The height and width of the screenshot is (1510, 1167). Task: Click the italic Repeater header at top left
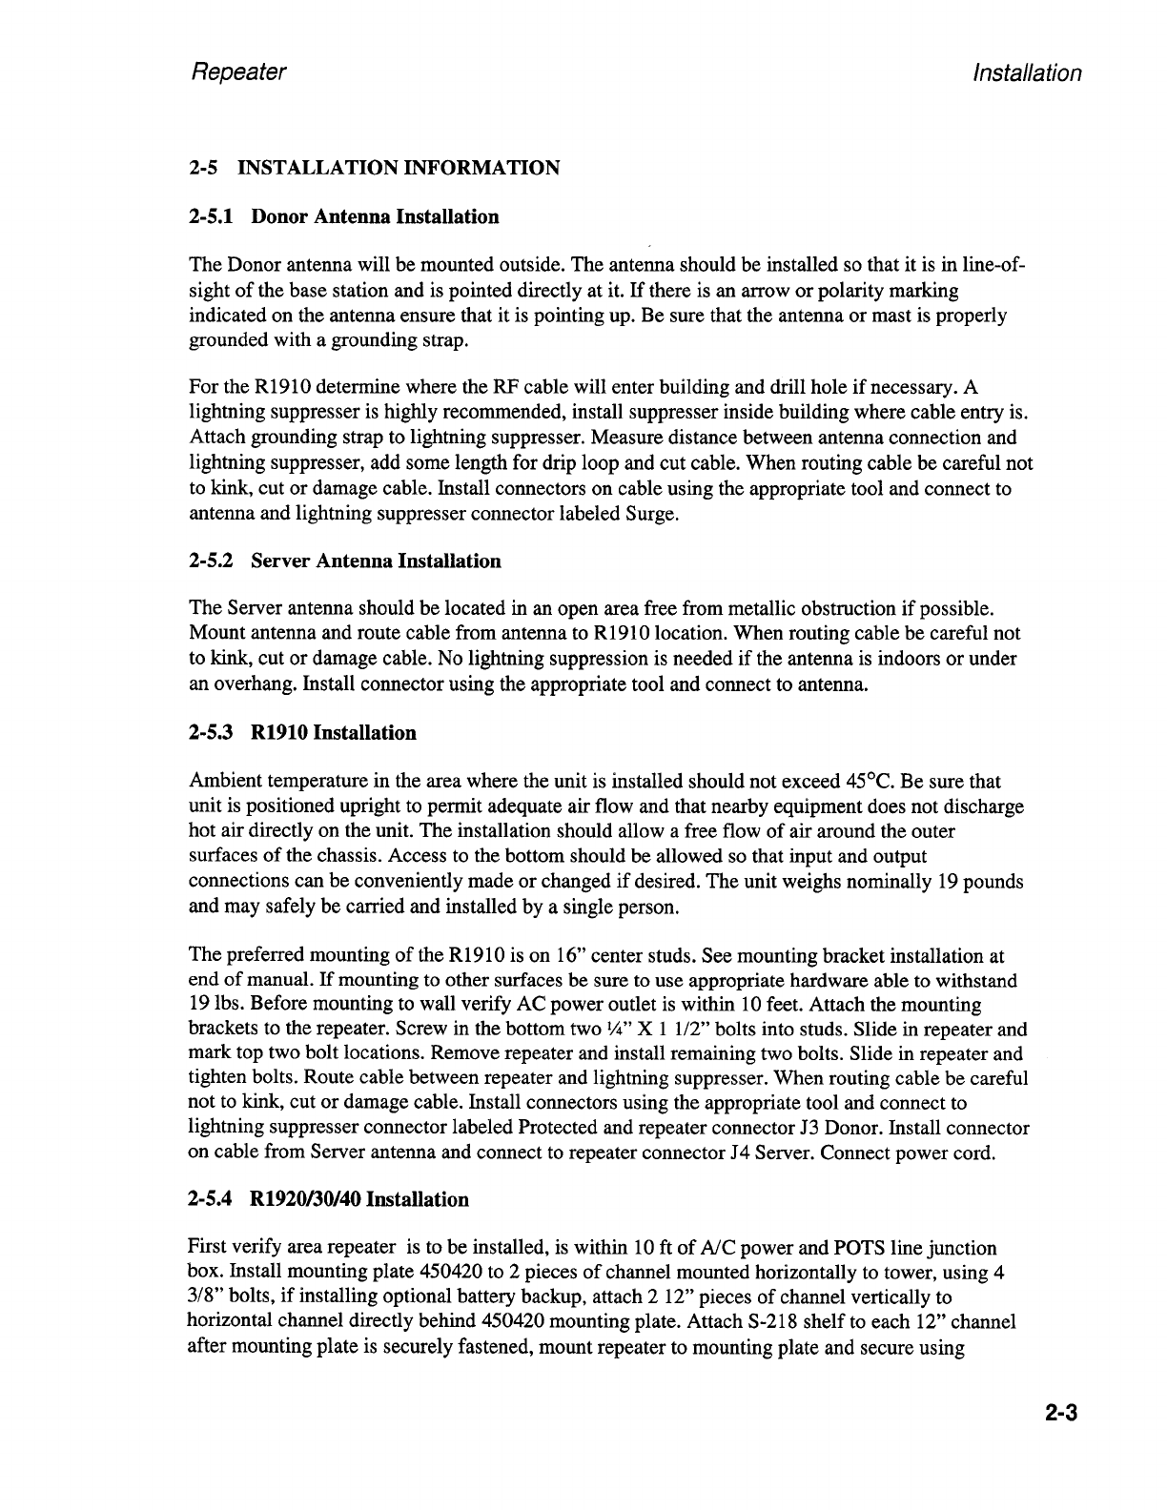pyautogui.click(x=238, y=72)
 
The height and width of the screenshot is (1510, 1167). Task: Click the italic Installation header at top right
pyautogui.click(x=1025, y=73)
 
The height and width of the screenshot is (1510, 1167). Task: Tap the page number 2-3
pyautogui.click(x=1057, y=1413)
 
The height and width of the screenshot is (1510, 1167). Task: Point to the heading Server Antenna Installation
pyautogui.click(x=376, y=561)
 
